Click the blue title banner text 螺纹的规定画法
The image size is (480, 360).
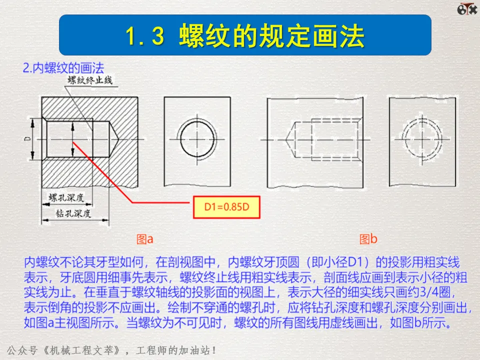pyautogui.click(x=272, y=36)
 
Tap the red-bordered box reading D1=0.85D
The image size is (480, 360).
pyautogui.click(x=226, y=207)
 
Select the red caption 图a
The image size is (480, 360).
pyautogui.click(x=145, y=239)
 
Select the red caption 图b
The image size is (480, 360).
pyautogui.click(x=368, y=239)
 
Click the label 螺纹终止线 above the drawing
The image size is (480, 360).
pyautogui.click(x=90, y=80)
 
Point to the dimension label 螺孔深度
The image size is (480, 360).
pyautogui.click(x=66, y=197)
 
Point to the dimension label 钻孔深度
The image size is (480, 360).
pyautogui.click(x=73, y=213)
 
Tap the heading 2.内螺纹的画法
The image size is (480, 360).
pyautogui.click(x=63, y=67)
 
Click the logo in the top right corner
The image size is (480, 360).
pyautogui.click(x=467, y=8)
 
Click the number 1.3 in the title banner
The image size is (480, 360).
pyautogui.click(x=145, y=36)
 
